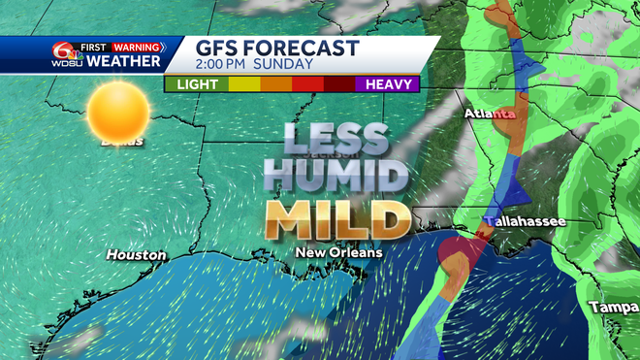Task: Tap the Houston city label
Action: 136,255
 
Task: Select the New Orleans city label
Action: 339,252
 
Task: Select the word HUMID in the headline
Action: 336,177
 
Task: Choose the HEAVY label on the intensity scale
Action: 393,84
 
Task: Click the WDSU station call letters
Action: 65,62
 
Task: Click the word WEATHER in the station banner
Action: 122,62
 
